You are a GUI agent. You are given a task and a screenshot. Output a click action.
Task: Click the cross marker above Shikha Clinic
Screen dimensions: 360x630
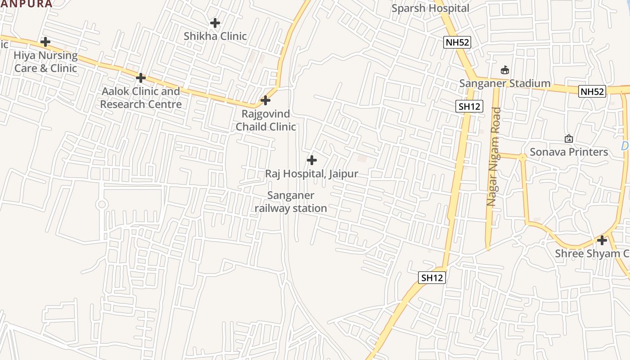click(215, 22)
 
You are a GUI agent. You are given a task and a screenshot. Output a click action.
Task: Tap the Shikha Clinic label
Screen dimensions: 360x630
click(215, 36)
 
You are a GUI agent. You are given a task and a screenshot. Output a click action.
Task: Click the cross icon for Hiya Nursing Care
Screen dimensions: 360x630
click(45, 42)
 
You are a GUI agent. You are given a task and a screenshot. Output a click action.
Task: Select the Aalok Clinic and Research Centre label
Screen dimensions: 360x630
click(141, 98)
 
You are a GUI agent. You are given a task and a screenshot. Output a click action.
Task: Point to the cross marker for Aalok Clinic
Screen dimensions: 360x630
click(141, 78)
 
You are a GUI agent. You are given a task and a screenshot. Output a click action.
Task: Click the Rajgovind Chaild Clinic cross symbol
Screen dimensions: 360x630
click(265, 100)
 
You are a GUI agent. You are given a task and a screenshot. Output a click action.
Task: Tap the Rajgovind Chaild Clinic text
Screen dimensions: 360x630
click(265, 120)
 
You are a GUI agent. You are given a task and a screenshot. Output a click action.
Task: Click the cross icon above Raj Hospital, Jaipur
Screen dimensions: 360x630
click(311, 160)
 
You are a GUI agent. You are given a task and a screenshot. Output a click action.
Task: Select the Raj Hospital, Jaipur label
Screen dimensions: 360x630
click(311, 173)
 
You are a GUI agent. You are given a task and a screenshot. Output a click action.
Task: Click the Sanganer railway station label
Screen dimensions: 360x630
click(291, 202)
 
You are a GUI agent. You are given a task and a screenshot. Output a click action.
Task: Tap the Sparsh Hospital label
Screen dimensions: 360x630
click(430, 8)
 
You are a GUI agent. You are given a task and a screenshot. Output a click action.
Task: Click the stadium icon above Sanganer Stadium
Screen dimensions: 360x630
click(505, 70)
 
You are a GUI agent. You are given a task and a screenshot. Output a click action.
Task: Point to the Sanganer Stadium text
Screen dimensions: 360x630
click(504, 83)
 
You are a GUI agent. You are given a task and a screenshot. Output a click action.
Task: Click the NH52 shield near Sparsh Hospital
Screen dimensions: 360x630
click(457, 42)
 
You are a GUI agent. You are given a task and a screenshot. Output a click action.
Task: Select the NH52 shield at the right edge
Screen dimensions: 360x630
click(592, 91)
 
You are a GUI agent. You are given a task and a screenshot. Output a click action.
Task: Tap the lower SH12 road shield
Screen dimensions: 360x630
click(432, 278)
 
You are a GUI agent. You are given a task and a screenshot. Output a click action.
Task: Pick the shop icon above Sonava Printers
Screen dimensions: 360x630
click(568, 139)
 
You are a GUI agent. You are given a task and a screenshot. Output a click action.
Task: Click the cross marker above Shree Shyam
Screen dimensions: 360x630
click(602, 240)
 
